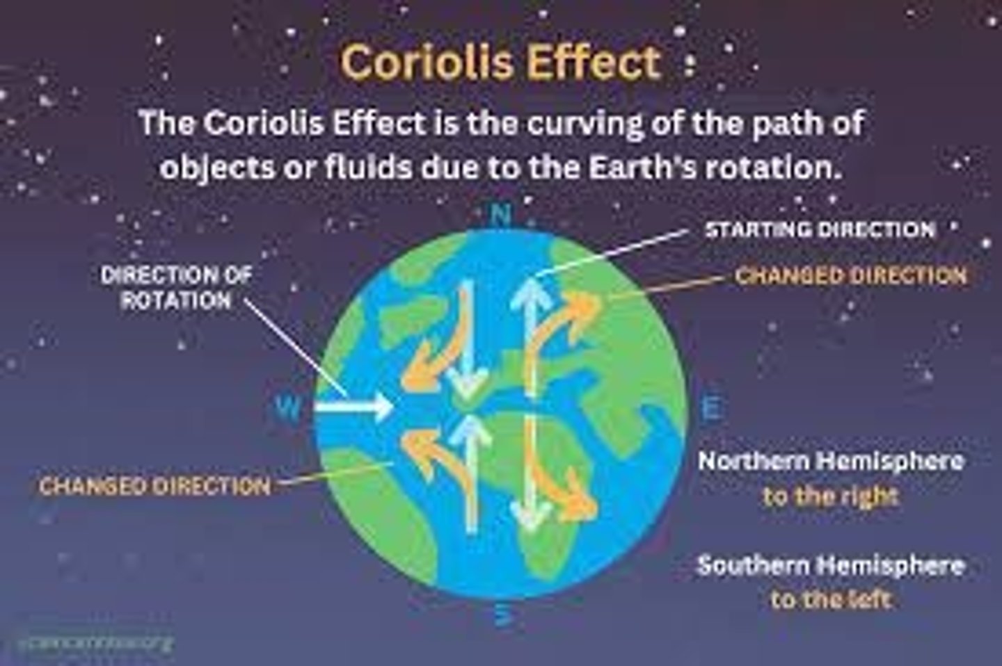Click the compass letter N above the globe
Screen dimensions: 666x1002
500,216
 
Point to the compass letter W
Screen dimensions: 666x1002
287,407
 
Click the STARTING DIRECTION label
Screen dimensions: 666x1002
820,229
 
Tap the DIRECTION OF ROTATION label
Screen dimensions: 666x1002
176,287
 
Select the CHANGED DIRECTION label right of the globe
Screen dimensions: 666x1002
851,276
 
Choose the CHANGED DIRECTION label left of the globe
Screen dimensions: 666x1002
154,485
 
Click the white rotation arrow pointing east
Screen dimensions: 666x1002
354,406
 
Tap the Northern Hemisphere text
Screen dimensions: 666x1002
831,461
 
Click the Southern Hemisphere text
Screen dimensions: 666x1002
831,565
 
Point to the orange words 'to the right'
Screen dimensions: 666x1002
831,496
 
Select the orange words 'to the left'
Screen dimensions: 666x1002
831,599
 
